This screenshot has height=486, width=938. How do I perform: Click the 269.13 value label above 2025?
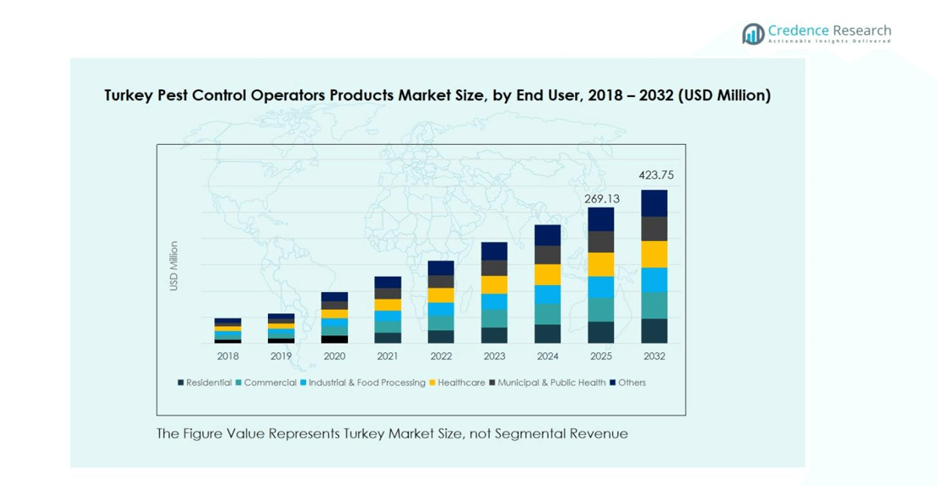(601, 198)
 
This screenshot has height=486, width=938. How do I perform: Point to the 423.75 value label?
(655, 175)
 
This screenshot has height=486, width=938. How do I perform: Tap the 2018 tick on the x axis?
(228, 356)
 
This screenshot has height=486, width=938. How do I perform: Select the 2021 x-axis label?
(388, 356)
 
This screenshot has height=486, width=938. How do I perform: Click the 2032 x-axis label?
(655, 356)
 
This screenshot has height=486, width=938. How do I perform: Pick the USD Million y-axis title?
(173, 266)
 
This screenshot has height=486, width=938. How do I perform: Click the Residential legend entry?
(204, 382)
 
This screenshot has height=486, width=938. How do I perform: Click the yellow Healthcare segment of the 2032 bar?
(655, 254)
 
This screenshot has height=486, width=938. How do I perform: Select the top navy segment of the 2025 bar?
(601, 220)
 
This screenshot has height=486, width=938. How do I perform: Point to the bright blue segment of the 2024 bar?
(548, 294)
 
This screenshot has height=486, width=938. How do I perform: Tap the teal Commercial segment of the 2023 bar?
(494, 318)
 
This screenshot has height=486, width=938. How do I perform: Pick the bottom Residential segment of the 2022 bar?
(441, 336)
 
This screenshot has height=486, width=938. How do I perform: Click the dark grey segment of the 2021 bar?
(388, 293)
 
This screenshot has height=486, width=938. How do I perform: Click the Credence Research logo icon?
(753, 34)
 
